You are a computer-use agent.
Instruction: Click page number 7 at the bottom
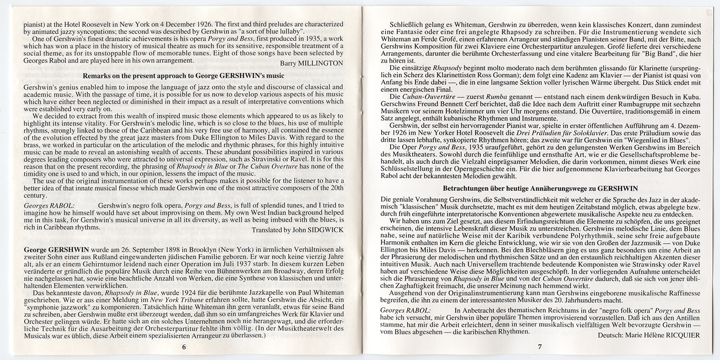click(x=539, y=346)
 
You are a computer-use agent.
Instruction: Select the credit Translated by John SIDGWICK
click(x=298, y=229)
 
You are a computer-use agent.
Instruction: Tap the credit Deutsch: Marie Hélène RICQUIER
click(x=649, y=336)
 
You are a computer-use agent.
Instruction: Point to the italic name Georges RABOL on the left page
click(x=42, y=205)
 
